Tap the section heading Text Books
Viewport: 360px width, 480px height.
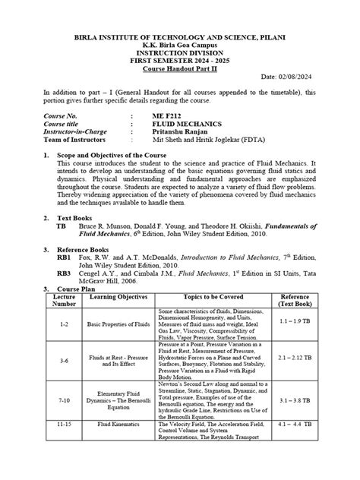click(x=78, y=216)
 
